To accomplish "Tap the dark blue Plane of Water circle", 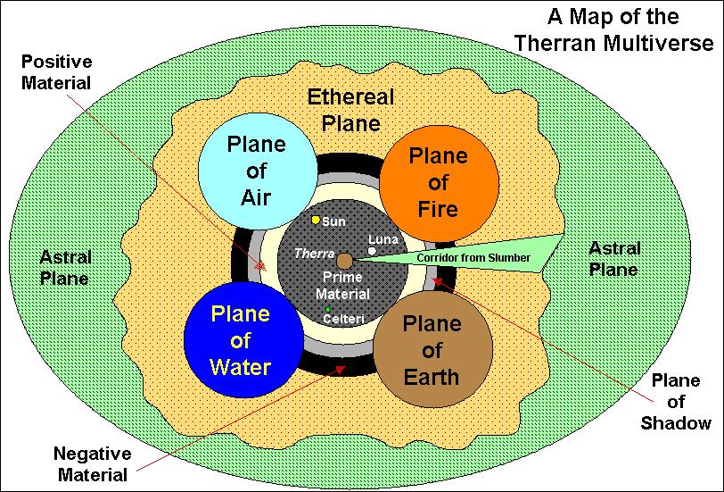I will pyautogui.click(x=239, y=339).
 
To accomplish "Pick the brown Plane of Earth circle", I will pyautogui.click(x=429, y=348).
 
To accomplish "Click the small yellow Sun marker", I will pyautogui.click(x=316, y=220).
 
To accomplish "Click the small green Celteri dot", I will pyautogui.click(x=328, y=309).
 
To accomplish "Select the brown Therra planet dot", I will pyautogui.click(x=344, y=259).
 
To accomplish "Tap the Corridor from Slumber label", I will pyautogui.click(x=461, y=258).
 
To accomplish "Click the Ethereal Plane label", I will pyautogui.click(x=350, y=110).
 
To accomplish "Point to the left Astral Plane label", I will pyautogui.click(x=65, y=267).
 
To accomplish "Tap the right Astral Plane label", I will pyautogui.click(x=615, y=259).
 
